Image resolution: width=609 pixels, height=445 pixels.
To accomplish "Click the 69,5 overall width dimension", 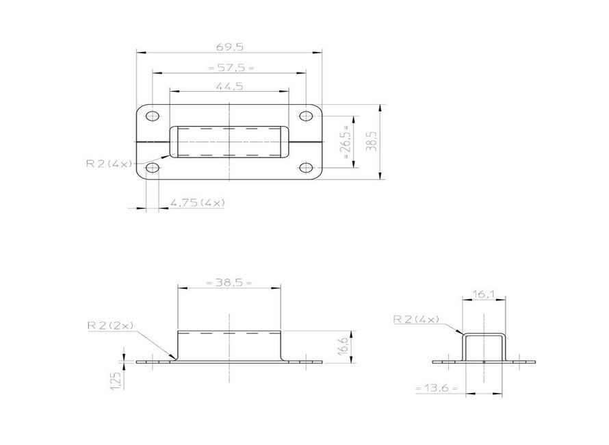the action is coord(229,47).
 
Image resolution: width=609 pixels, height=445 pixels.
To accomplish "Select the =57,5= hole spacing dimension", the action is coord(231,68).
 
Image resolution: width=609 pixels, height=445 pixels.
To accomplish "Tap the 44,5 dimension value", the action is coord(229,86).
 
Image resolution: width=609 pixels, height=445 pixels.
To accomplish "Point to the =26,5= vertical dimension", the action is coord(347,142).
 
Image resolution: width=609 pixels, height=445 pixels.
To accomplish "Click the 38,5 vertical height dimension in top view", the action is coord(372,141).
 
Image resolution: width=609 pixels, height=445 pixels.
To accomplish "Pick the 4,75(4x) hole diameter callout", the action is coord(198,203).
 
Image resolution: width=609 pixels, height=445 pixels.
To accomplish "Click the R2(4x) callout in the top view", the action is coord(109,163).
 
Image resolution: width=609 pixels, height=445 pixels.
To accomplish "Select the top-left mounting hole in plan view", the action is coord(152,116).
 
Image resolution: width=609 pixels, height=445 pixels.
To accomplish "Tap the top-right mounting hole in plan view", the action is coord(307,116).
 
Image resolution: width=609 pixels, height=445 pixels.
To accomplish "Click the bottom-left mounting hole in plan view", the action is coord(152,168).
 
